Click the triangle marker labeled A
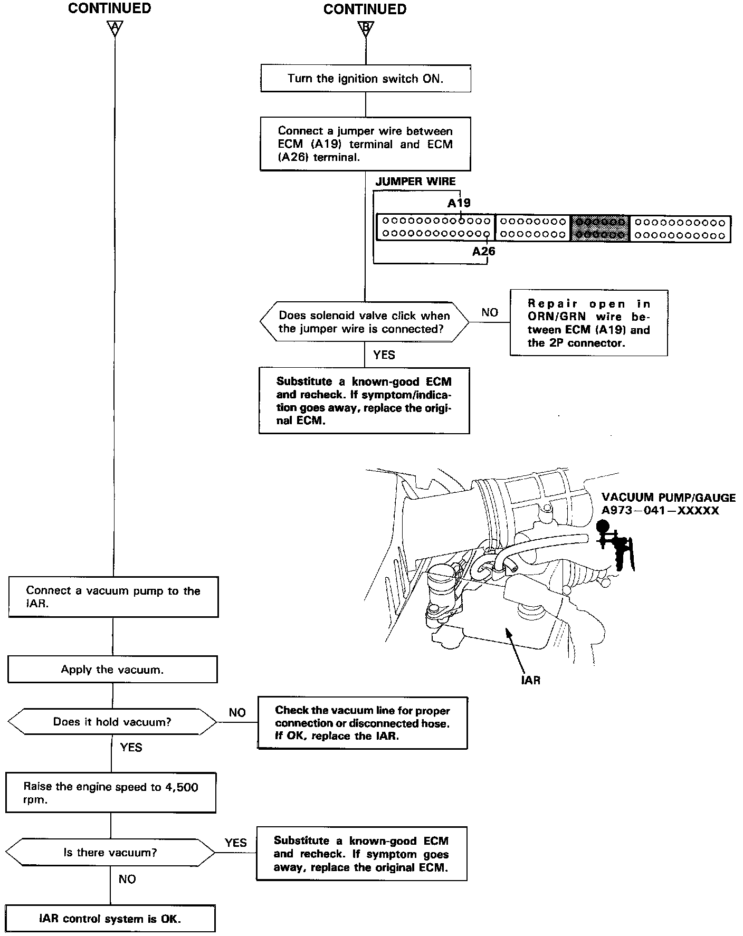114,27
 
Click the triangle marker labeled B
365,27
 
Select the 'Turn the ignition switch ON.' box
365,79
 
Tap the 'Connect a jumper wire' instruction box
365,144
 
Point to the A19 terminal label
459,203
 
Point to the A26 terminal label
483,251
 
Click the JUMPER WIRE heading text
415,182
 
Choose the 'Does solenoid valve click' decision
364,322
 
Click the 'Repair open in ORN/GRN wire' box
588,323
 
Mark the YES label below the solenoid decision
384,355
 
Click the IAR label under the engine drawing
530,680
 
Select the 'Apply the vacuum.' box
112,670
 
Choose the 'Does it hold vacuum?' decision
112,722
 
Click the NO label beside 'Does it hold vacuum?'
237,712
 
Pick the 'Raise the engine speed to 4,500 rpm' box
111,793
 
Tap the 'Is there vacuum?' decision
110,852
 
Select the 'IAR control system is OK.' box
110,919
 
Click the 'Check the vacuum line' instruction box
363,723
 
